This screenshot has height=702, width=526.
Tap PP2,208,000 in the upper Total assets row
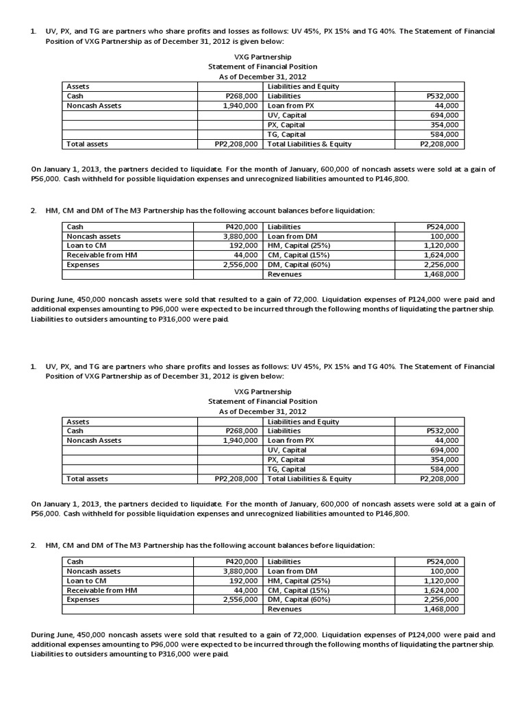click(x=236, y=144)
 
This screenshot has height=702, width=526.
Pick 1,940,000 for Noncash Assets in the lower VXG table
click(x=240, y=440)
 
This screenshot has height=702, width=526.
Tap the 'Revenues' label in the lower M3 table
click(x=284, y=609)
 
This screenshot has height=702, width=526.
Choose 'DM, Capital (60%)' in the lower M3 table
click(x=299, y=599)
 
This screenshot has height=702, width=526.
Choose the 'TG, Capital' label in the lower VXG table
click(x=286, y=469)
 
